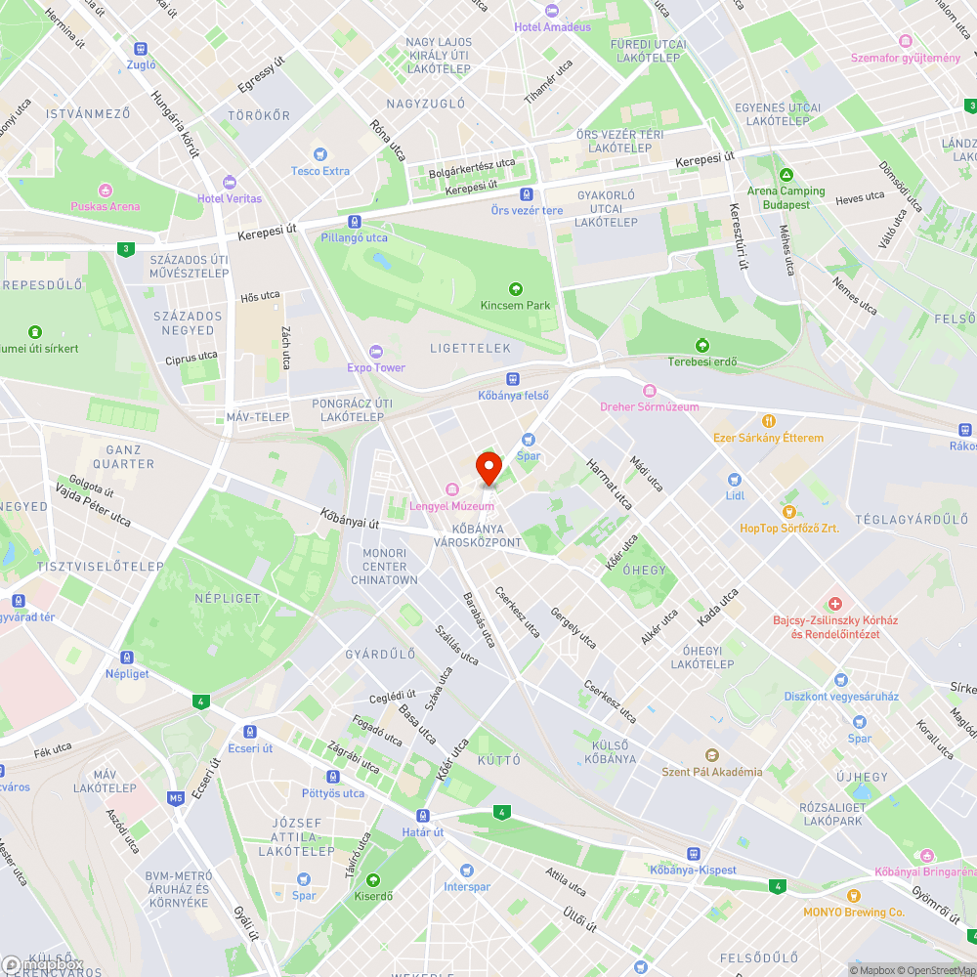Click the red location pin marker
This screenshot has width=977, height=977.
coord(488,467)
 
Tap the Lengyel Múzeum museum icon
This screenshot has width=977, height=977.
coord(451,489)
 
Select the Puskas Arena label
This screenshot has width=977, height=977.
coord(105,206)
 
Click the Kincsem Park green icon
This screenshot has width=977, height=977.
coord(516,289)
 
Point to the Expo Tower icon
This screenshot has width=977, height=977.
coord(376,352)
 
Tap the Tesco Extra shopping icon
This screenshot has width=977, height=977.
coord(319,154)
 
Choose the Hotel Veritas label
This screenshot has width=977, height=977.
coord(230,198)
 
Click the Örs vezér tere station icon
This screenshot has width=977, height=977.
coord(527,194)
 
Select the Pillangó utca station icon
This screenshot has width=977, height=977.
coord(354,222)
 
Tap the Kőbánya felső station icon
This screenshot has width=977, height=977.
coord(513,379)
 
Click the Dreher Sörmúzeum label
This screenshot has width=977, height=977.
coord(650,406)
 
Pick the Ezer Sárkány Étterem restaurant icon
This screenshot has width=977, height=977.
coord(769,422)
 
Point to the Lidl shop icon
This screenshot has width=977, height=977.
coord(735,480)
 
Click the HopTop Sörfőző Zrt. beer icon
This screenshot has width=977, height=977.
coord(788,512)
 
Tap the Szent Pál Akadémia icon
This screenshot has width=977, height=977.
coord(712,755)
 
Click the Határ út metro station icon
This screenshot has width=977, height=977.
coord(424,816)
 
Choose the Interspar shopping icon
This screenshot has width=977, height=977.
coord(466,871)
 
